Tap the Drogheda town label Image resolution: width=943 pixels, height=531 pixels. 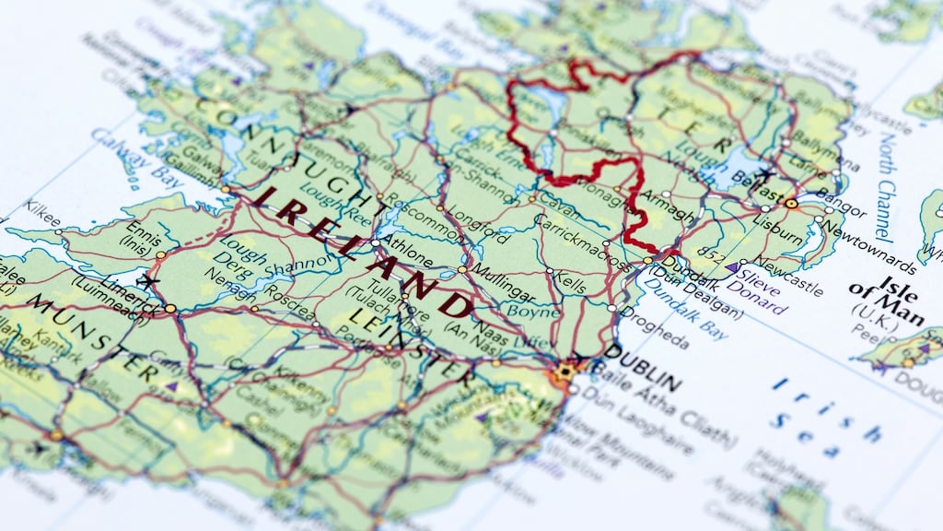coord(655,327)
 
